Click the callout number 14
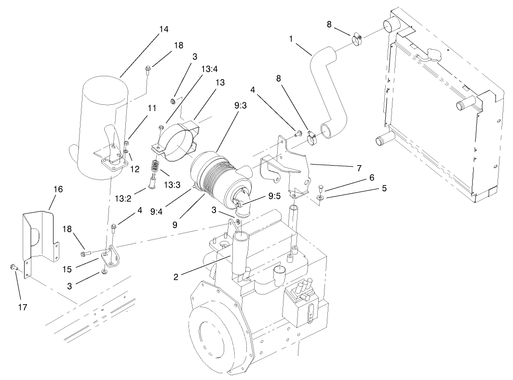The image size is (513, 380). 163,29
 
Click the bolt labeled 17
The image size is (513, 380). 14,266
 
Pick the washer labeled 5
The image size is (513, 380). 320,197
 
